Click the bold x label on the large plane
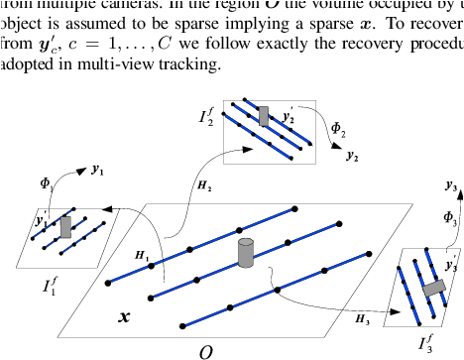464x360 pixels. (x=124, y=317)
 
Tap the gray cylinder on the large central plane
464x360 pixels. (x=246, y=252)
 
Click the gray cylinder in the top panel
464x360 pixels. (x=264, y=115)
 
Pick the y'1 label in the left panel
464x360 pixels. (x=41, y=221)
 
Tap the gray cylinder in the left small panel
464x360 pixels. (x=65, y=228)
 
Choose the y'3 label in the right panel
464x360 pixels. (x=451, y=267)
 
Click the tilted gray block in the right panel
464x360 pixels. (x=432, y=289)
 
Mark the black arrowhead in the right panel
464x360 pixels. (x=398, y=311)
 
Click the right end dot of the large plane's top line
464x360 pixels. (x=294, y=208)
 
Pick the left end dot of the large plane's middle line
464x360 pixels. (x=150, y=297)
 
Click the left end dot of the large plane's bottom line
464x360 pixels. (x=182, y=324)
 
